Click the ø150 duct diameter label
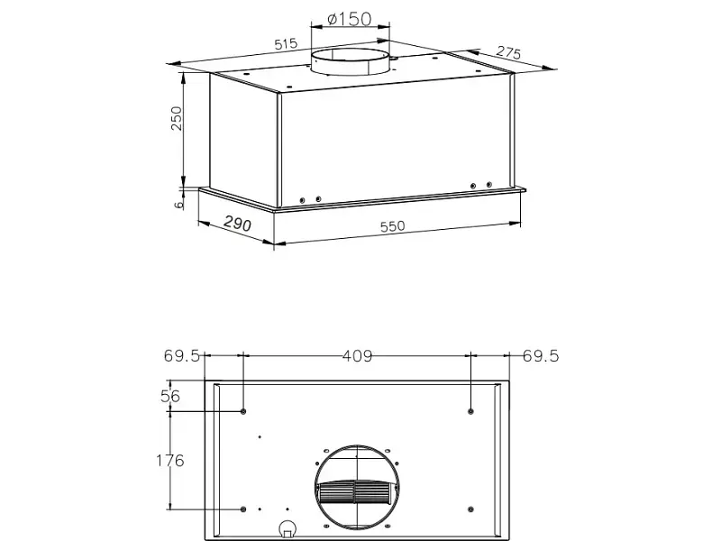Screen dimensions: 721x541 [x=349, y=19]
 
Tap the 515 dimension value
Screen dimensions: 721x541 [x=286, y=44]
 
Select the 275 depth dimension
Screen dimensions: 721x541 [x=508, y=52]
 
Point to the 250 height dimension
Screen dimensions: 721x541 [x=177, y=118]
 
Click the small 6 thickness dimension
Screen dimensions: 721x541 [x=178, y=204]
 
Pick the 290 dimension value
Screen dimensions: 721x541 [x=238, y=224]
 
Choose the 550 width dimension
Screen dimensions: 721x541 [x=393, y=226]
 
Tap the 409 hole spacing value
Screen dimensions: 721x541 [x=357, y=356]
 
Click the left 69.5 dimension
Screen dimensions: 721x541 [x=182, y=355]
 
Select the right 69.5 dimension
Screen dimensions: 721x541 [x=541, y=355]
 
